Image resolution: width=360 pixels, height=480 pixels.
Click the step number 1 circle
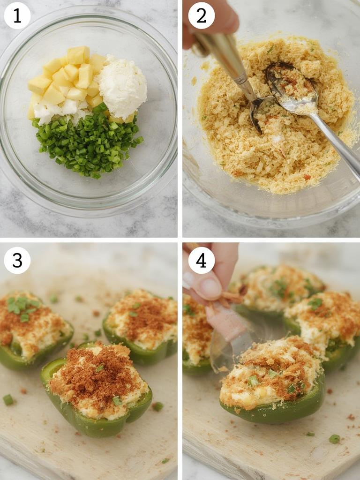[x=17, y=16]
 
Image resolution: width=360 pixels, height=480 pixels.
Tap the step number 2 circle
[x=201, y=16]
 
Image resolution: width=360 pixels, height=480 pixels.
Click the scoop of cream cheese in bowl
[x=122, y=86]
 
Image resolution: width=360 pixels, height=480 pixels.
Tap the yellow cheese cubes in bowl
[x=66, y=77]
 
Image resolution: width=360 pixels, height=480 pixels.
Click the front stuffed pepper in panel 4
[x=272, y=380]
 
